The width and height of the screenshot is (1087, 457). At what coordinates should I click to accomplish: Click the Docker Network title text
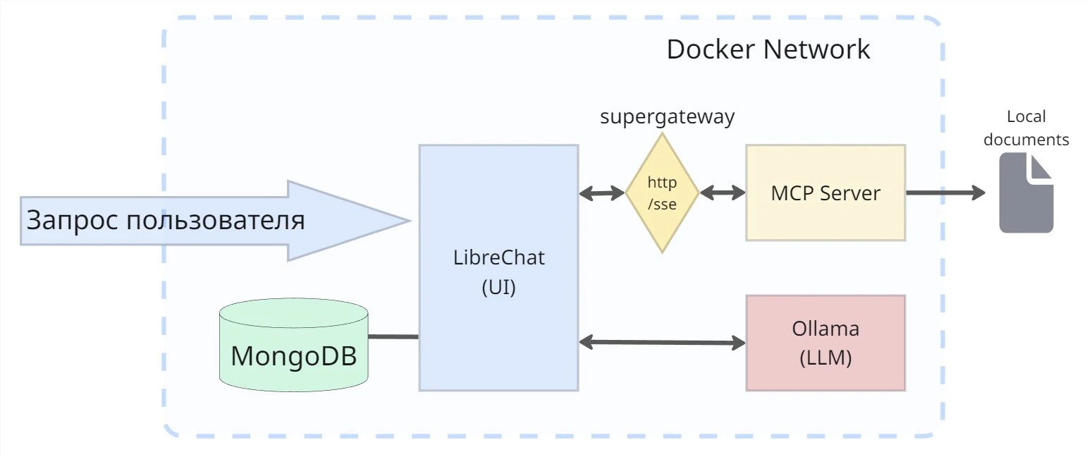click(x=768, y=49)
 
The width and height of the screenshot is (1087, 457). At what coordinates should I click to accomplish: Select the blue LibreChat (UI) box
click(x=499, y=267)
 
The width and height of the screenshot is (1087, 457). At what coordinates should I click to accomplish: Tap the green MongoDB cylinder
click(x=293, y=345)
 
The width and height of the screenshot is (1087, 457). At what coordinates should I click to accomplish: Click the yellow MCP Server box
click(x=825, y=193)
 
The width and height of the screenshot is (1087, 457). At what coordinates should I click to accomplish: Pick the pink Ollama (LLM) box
click(x=825, y=343)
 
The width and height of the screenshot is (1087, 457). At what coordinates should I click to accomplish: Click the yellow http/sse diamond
click(x=662, y=193)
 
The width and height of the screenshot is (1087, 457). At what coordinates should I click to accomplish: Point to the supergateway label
click(x=668, y=117)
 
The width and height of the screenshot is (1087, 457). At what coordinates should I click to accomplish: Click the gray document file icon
click(x=1026, y=193)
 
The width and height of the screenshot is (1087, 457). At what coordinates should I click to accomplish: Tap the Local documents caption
click(x=1026, y=128)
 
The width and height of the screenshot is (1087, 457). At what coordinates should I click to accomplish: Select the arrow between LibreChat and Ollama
click(x=662, y=342)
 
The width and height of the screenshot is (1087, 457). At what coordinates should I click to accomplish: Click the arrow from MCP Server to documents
click(x=946, y=193)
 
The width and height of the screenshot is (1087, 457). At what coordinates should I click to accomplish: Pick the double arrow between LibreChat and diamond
click(x=602, y=193)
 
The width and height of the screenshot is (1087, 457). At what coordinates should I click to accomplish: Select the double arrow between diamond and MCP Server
click(x=723, y=193)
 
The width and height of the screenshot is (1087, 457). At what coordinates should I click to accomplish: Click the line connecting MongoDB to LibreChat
click(x=393, y=336)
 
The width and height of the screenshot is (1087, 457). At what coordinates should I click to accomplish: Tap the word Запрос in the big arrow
click(x=73, y=220)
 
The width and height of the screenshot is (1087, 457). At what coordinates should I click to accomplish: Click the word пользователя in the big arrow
click(x=216, y=220)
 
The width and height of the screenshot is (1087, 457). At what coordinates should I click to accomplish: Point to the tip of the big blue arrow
click(x=410, y=221)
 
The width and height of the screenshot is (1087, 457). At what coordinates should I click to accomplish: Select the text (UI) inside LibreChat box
click(x=499, y=287)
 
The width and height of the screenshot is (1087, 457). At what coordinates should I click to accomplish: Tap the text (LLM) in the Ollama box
click(x=825, y=358)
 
